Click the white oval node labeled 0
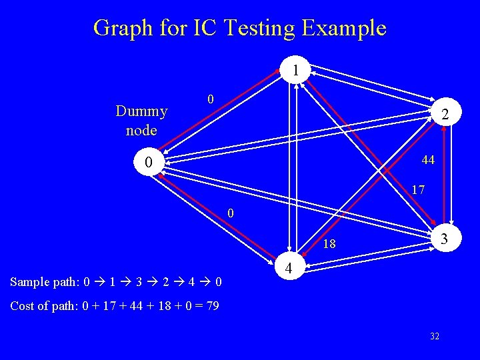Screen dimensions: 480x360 tap(149, 162)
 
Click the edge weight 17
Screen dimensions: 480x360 tap(418, 190)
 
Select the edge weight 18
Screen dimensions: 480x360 tap(329, 245)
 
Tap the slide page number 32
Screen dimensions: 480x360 tap(434, 337)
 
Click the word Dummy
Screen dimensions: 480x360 tap(141, 111)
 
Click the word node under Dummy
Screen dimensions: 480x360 tap(141, 130)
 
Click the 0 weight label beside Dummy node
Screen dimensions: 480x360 tap(209, 100)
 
